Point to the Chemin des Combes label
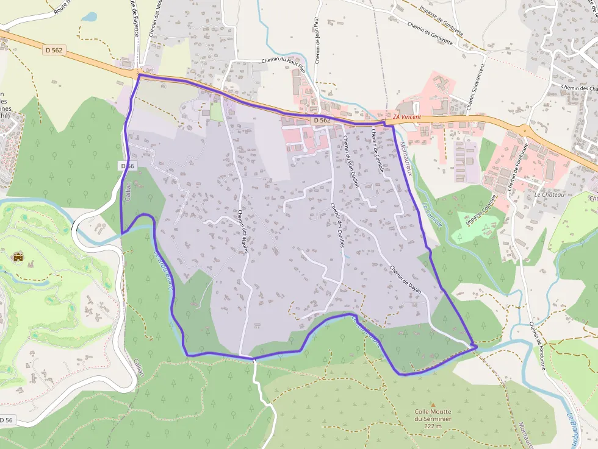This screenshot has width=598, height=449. (337, 224)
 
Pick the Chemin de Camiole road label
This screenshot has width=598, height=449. (376, 150)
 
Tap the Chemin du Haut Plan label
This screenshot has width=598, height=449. (283, 60)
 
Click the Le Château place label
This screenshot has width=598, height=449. (549, 194)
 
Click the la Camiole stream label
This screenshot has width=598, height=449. (431, 215)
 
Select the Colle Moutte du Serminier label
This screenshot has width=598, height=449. (433, 419)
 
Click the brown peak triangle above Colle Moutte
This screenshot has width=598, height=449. (433, 405)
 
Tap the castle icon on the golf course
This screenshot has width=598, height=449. (18, 257)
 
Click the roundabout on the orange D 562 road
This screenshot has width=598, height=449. (524, 129)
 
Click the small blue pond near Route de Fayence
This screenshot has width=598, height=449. (89, 17)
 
